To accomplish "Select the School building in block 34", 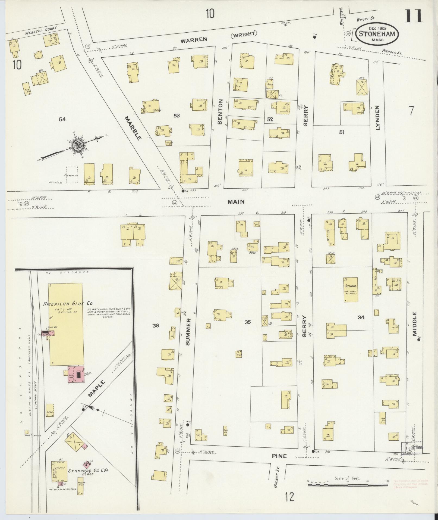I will pyautogui.click(x=350, y=289).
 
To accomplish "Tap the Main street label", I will pyautogui.click(x=236, y=201).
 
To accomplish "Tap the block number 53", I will pyautogui.click(x=177, y=116).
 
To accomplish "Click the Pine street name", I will pyautogui.click(x=279, y=456).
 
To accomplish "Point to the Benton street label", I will pyautogui.click(x=220, y=111).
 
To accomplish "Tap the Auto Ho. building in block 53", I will pyautogui.click(x=169, y=143).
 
